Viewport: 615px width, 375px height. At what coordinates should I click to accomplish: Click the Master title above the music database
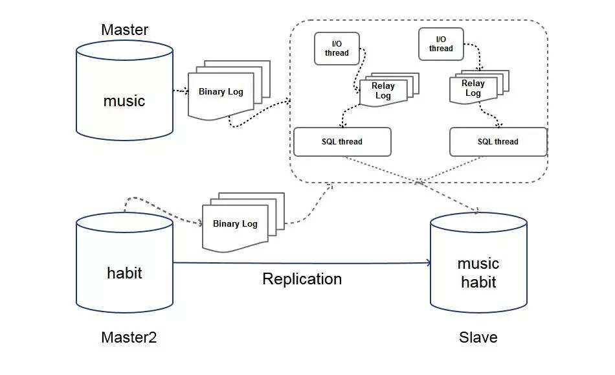[125, 30]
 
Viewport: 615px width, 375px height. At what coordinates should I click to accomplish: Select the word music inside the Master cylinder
[124, 101]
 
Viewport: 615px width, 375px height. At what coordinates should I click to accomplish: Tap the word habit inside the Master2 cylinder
[124, 273]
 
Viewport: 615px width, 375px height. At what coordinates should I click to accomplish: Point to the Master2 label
[129, 337]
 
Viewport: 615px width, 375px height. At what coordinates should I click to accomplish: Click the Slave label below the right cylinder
[478, 337]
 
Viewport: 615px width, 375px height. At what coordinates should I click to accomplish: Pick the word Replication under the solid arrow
[302, 279]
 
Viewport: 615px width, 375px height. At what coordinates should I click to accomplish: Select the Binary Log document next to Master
[221, 92]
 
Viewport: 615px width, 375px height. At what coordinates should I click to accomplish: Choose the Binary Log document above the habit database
[235, 224]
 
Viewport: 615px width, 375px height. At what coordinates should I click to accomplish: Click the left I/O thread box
[337, 49]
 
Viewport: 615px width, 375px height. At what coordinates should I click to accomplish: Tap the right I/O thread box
[441, 44]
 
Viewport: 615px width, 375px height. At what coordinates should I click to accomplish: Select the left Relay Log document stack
[383, 91]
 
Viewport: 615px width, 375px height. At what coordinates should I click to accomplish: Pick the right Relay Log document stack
[473, 88]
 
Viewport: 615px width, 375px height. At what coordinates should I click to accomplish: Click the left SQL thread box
[342, 142]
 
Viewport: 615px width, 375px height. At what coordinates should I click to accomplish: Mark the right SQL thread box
[498, 142]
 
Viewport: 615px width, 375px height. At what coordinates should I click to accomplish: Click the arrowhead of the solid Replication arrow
[428, 262]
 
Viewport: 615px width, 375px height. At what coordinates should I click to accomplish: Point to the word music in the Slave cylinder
[478, 264]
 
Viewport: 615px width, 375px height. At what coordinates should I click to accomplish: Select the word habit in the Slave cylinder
[478, 282]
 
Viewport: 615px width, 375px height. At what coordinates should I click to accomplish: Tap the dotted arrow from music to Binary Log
[180, 91]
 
